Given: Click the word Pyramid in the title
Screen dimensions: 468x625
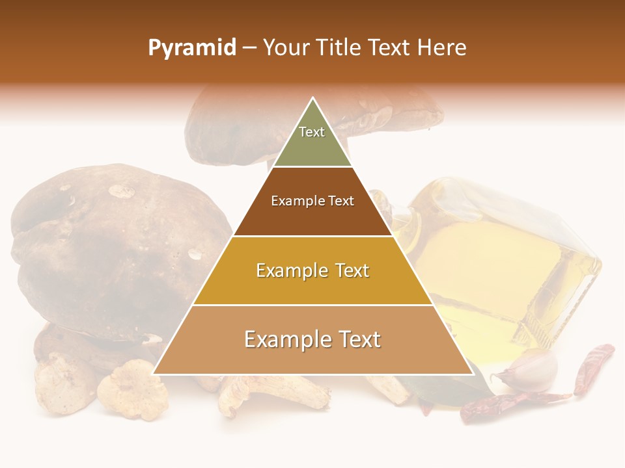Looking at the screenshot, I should coord(191,48).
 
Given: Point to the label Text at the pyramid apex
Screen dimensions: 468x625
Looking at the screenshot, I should coord(312,132).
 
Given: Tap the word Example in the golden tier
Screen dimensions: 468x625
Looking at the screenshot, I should coord(291,270).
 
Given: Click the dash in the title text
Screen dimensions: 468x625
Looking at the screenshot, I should coord(249,48).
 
